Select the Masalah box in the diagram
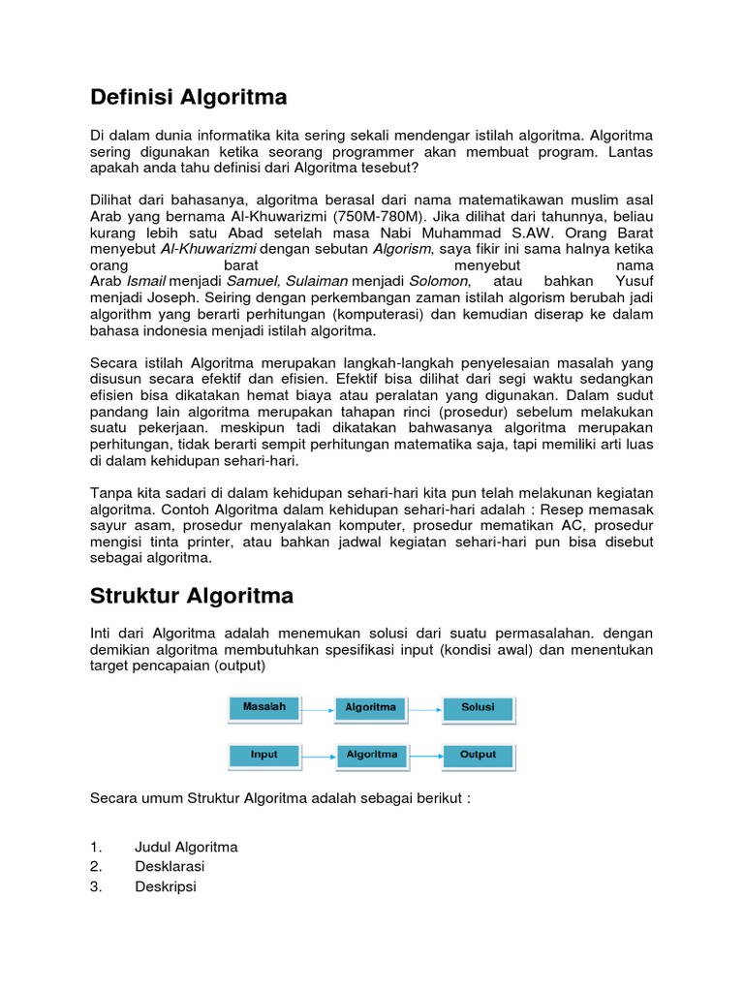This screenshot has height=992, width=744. (x=264, y=708)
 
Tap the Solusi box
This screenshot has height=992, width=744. (x=479, y=708)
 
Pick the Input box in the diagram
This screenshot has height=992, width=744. (x=264, y=756)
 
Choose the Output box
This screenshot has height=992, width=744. (x=479, y=756)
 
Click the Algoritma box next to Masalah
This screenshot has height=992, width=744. (x=371, y=708)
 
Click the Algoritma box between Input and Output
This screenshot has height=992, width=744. (x=371, y=756)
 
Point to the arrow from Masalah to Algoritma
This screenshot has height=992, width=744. (x=318, y=709)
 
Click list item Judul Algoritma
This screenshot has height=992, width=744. (x=186, y=847)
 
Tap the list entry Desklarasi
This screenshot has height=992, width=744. (x=170, y=866)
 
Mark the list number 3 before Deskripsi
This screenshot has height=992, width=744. (x=95, y=885)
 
